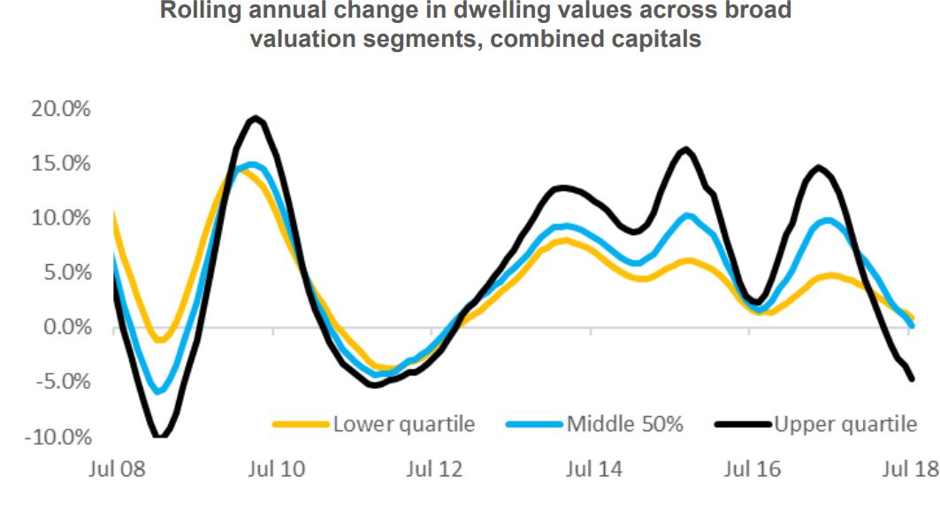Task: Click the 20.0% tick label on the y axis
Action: [59, 109]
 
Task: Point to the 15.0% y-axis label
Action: [59, 163]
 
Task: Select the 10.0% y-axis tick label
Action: [59, 218]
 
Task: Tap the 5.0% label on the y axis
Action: [65, 273]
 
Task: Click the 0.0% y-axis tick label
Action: [65, 328]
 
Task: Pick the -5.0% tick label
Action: [62, 383]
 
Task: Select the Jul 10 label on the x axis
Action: [273, 468]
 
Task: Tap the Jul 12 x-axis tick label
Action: [432, 468]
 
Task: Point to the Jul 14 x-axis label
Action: [592, 468]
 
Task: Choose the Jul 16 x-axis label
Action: [750, 468]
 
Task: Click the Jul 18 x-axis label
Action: [909, 468]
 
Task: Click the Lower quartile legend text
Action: [404, 424]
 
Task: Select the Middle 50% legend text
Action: [624, 424]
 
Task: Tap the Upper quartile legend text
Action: [846, 424]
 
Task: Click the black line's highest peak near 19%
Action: [256, 118]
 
